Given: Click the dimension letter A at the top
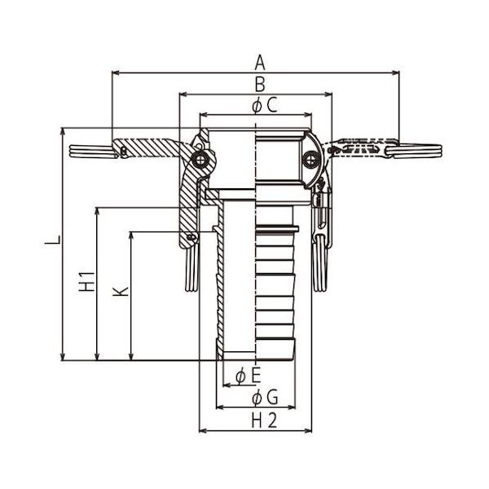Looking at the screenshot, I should (x=260, y=62).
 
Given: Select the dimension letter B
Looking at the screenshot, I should (x=259, y=83).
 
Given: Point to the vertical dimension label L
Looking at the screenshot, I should (x=51, y=242).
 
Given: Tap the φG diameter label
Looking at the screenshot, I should (x=262, y=398).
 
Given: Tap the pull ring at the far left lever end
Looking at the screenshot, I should (x=90, y=151).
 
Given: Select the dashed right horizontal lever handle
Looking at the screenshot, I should (x=359, y=148).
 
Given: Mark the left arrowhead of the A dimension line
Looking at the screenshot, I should (x=115, y=73).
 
